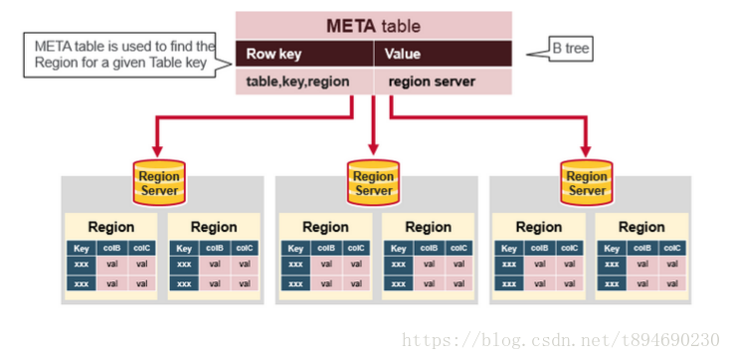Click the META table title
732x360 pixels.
373,26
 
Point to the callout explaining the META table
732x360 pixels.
122,54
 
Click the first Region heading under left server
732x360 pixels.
110,227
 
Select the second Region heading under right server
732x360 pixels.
641,227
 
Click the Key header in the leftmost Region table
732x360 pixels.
83,249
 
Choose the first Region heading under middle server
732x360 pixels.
325,227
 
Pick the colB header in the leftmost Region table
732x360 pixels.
111,249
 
